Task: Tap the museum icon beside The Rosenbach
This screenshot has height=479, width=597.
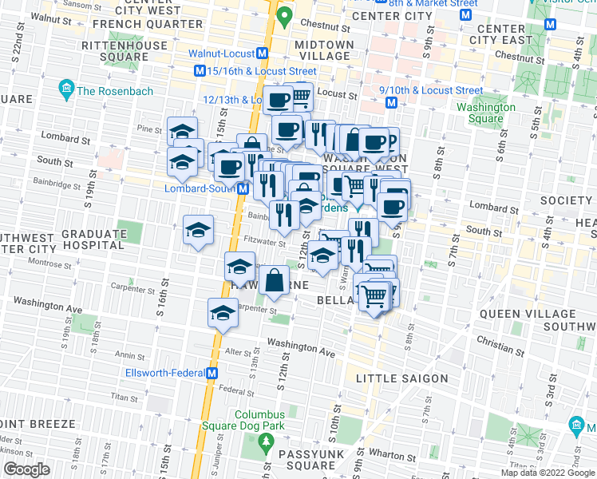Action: [66, 87]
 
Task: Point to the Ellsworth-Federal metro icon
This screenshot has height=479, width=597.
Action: [213, 373]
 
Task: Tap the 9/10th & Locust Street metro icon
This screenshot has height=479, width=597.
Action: [391, 103]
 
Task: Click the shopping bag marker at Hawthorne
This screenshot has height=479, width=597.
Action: [274, 280]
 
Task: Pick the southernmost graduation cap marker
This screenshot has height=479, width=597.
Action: [223, 313]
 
